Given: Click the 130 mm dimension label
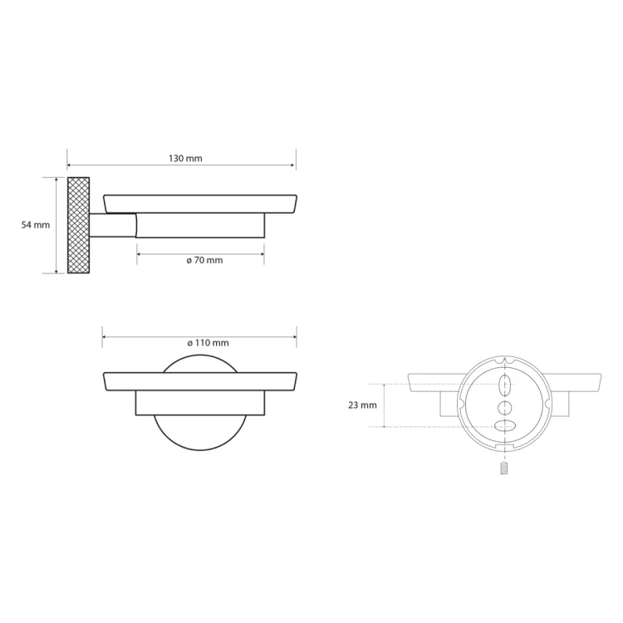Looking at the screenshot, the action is click(x=185, y=159).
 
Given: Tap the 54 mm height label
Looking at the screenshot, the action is click(x=36, y=225).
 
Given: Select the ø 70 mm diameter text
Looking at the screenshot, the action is click(x=204, y=260).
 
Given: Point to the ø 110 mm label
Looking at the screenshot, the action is click(x=208, y=343).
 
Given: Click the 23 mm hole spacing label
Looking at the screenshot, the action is click(x=362, y=405).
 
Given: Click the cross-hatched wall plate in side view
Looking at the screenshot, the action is click(x=78, y=225).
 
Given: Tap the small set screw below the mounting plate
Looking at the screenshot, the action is click(x=504, y=468).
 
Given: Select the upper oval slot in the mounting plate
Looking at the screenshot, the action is click(x=504, y=385).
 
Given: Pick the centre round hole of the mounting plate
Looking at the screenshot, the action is click(x=504, y=408).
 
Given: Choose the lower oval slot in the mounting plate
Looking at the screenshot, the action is click(x=504, y=425).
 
